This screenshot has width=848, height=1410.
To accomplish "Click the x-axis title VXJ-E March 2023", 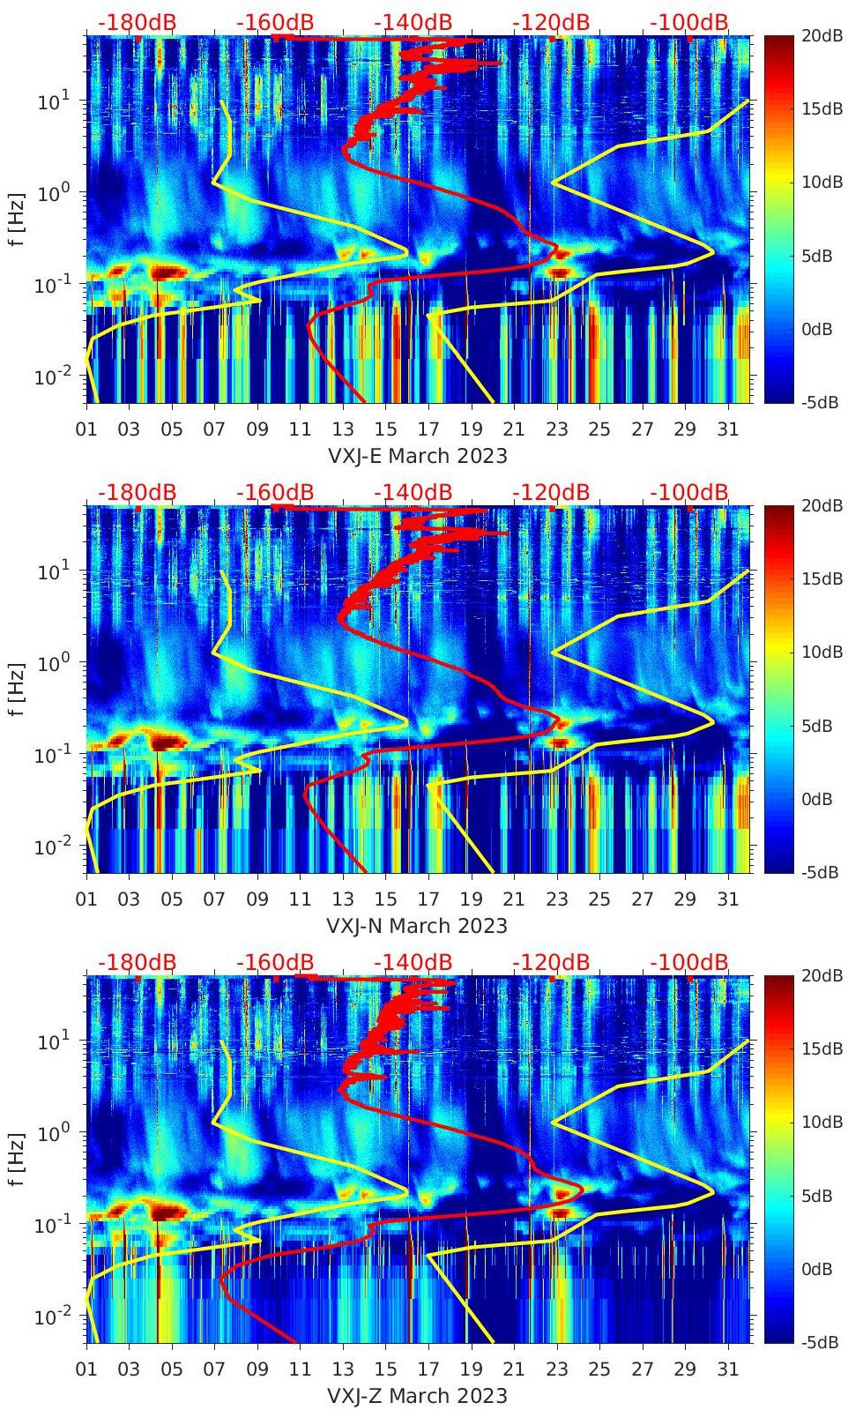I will coord(418,456).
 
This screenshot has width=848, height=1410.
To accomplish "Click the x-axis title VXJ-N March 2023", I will coord(418,926).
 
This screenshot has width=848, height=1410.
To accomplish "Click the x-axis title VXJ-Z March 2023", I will coord(418,1396).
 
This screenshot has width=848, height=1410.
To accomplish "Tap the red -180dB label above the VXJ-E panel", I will coord(137,22).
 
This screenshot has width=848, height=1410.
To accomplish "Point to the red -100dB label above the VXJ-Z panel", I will coord(689,962).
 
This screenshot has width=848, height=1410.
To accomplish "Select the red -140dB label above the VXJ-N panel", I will coord(413,492).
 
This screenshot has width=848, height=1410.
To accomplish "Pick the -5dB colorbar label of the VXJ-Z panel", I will coord(822,1342).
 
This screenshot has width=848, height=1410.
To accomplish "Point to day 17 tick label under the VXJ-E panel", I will coord(428,429).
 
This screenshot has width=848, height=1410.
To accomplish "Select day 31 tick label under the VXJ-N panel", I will coord(727,899).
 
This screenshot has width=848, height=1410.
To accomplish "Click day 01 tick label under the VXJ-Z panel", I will coord(86,1369).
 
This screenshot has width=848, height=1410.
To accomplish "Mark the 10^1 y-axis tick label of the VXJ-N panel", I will coord(55,571).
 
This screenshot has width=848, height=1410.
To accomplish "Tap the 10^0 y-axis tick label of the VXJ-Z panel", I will coord(55,1133).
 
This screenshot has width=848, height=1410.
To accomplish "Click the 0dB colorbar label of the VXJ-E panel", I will coord(822,329).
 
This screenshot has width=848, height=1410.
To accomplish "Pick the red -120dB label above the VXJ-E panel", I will coord(551,22).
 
